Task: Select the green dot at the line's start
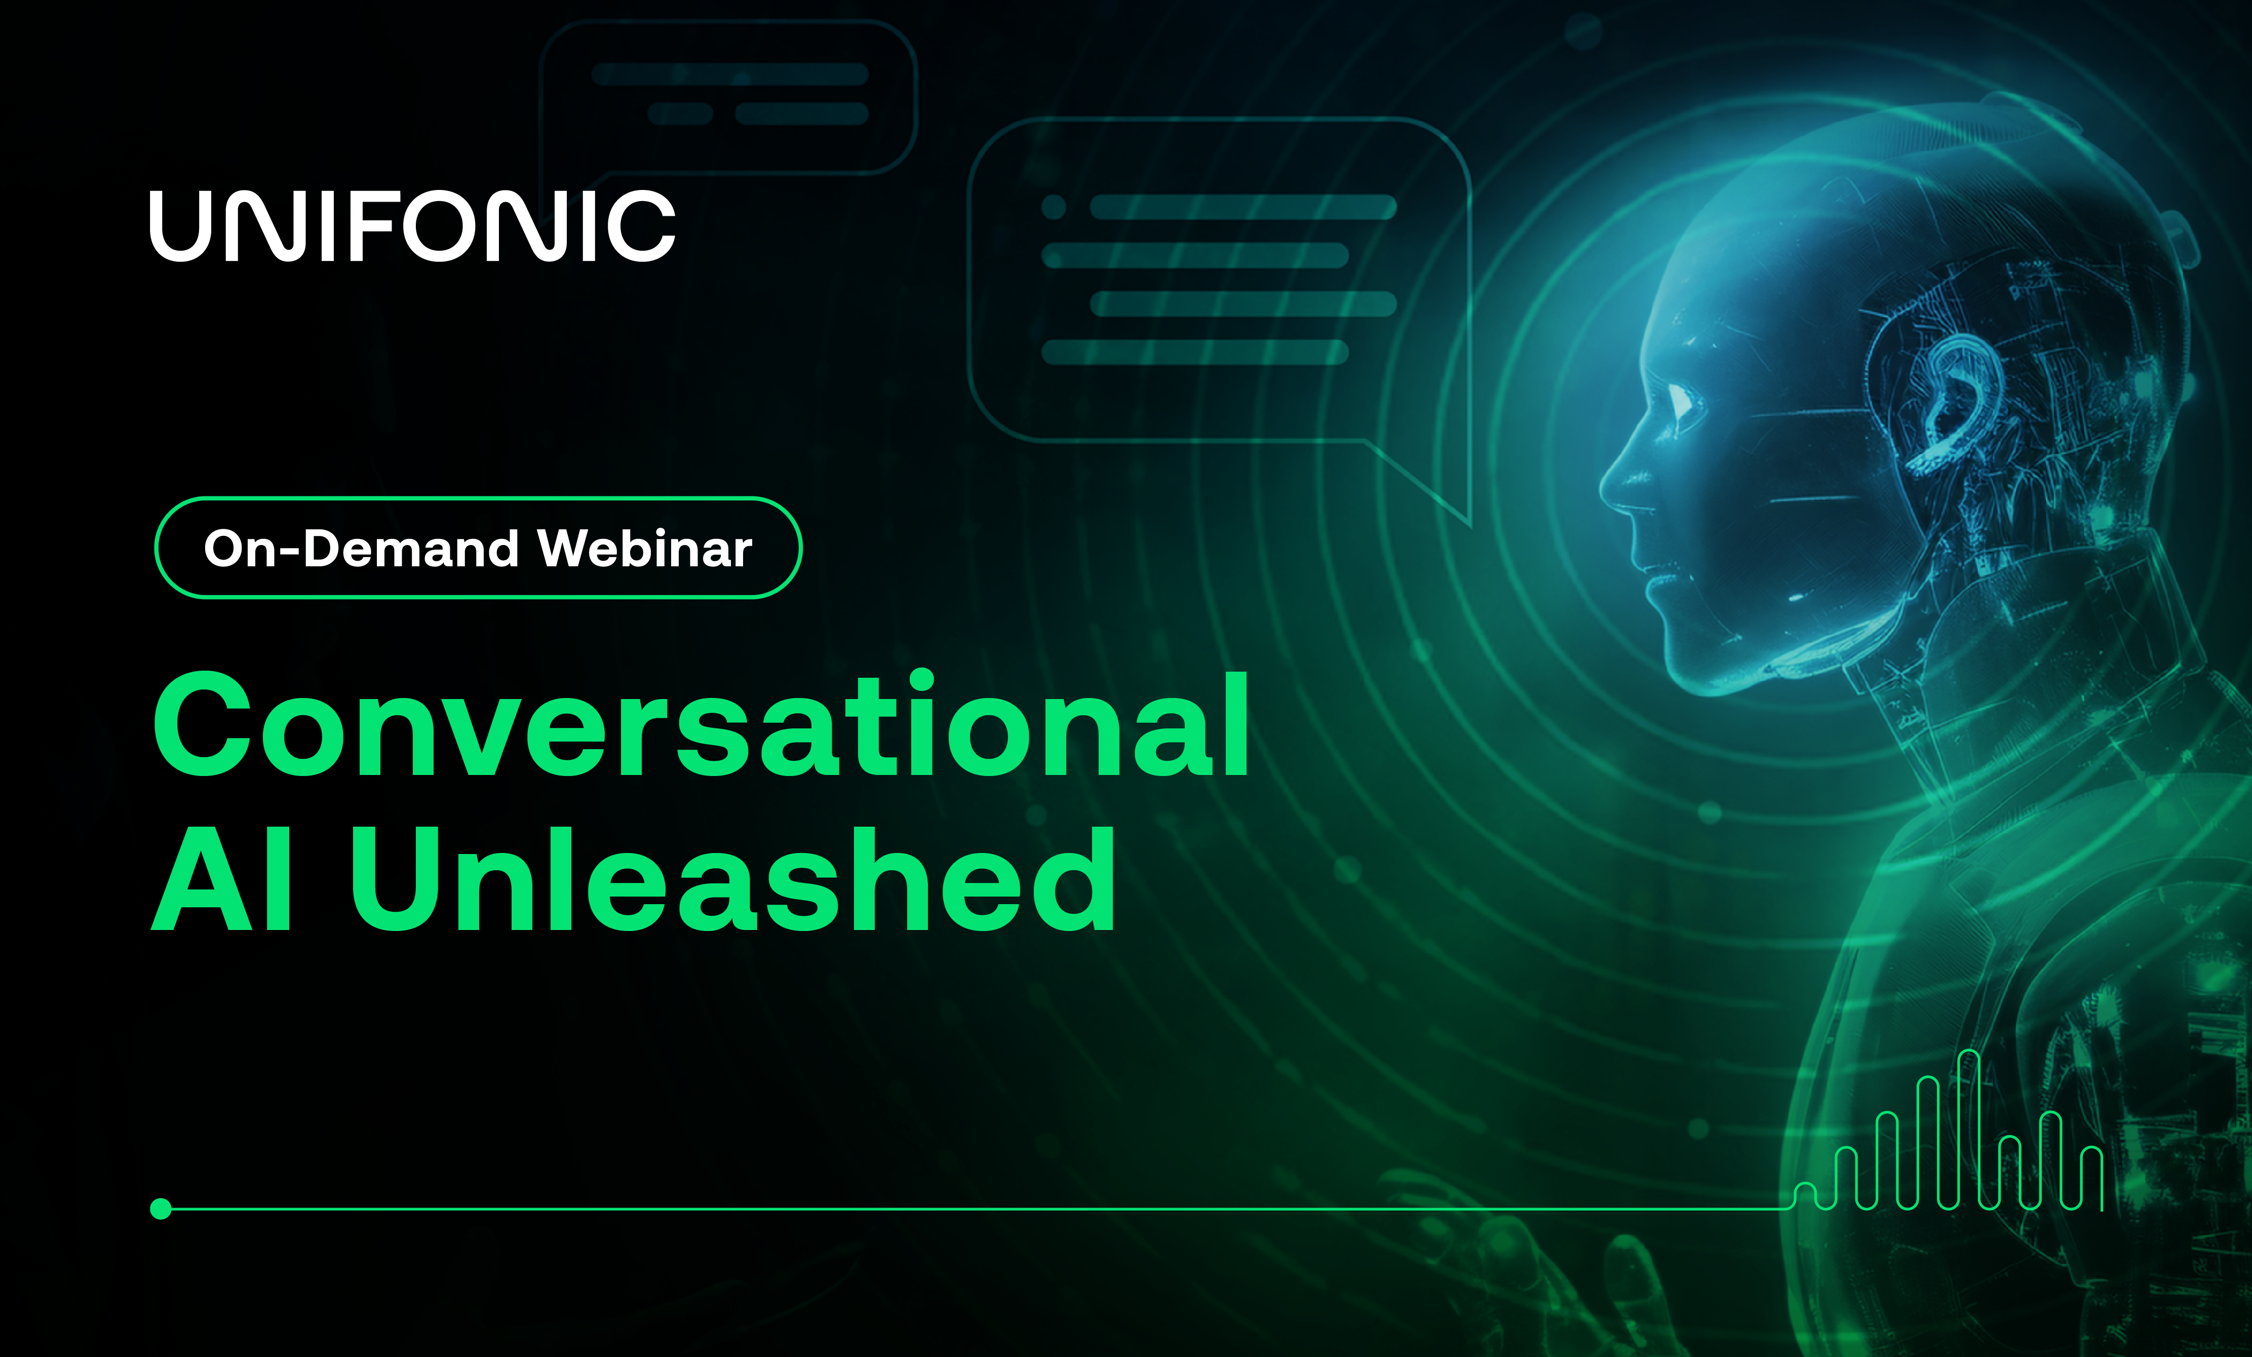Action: tap(161, 1209)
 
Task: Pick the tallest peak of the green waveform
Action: tap(1968, 1057)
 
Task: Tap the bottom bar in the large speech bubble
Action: tap(1194, 352)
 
